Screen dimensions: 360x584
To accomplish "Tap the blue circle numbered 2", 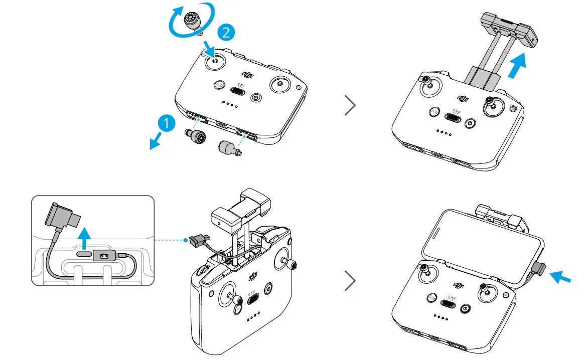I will (x=226, y=33).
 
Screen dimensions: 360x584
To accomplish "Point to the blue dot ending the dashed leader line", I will (x=186, y=240).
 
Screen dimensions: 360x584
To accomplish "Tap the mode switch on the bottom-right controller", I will (x=447, y=303).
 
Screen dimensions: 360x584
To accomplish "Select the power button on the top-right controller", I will (x=470, y=123).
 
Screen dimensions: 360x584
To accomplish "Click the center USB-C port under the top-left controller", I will (x=222, y=124).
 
